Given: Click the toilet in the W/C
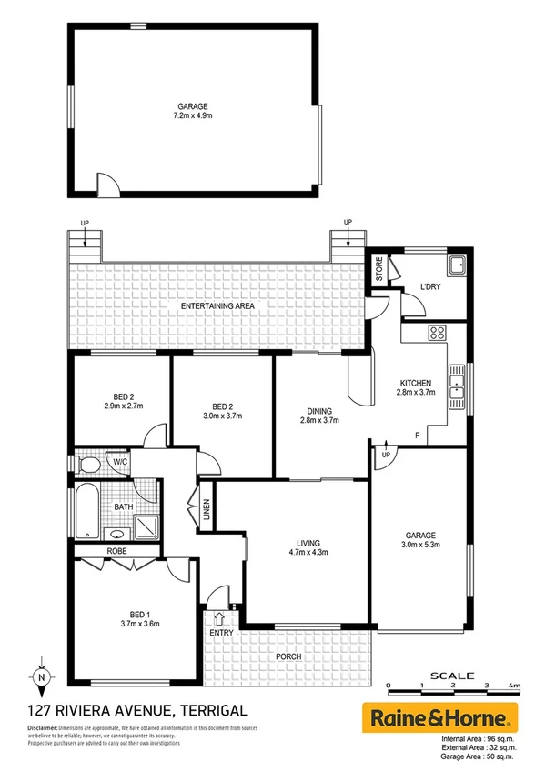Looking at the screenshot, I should (x=88, y=465).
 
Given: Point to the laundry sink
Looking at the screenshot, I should (x=458, y=266).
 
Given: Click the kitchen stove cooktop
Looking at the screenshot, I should (x=436, y=332).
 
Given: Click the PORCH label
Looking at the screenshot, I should (x=288, y=656).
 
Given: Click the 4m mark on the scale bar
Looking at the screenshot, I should (x=515, y=686).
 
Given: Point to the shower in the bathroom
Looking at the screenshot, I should (x=146, y=526).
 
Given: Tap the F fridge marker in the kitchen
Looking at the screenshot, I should (x=416, y=436).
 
